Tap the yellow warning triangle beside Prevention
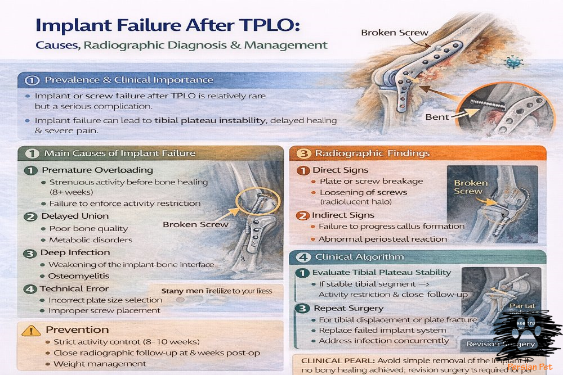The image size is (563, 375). click(30, 330)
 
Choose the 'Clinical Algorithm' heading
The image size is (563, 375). click(359, 257)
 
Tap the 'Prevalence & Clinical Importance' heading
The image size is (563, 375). click(129, 80)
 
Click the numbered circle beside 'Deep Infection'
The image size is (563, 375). click(30, 253)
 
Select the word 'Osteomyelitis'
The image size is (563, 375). click(78, 276)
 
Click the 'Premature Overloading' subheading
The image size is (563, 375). click(97, 170)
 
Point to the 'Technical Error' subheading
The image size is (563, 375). click(75, 288)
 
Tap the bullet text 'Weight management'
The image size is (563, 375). click(100, 364)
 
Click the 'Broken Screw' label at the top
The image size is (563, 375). click(395, 33)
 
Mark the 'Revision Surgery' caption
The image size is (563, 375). click(495, 344)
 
